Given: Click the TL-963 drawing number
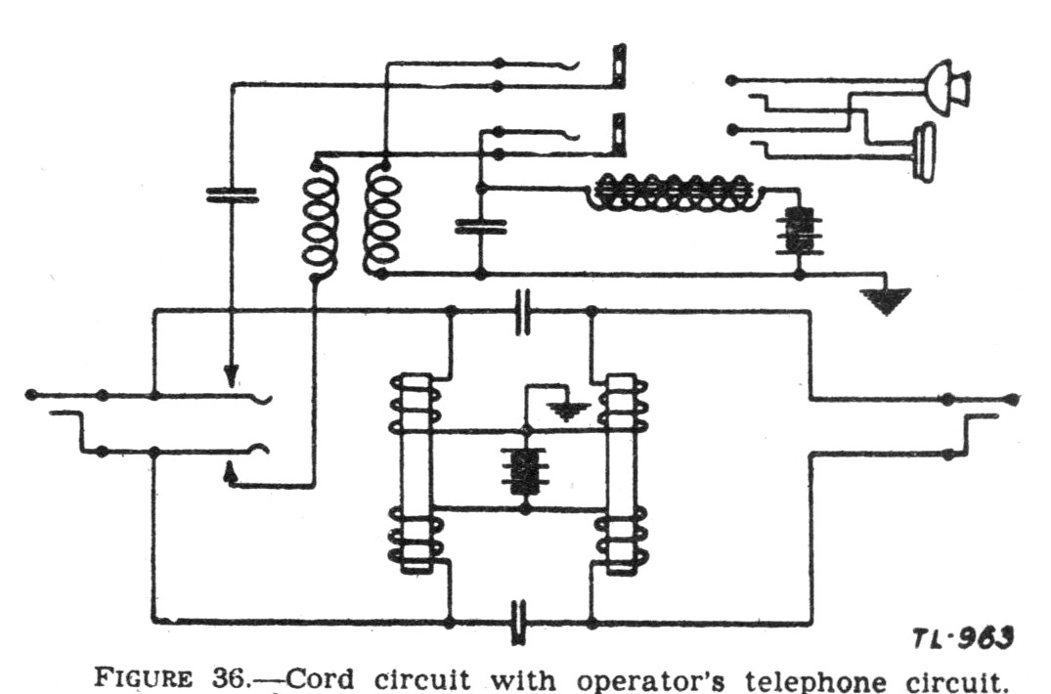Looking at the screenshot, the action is point(963,638).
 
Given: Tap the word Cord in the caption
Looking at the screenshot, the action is point(319,678).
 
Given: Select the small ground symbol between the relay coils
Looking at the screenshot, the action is point(567,410).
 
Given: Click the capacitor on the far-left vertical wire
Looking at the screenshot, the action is point(232,195).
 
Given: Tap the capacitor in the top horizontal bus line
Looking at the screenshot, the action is point(522,312).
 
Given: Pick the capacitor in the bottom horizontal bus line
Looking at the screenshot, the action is point(518,623).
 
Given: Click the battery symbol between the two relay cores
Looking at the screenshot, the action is point(525,471).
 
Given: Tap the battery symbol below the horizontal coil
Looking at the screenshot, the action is point(799,231).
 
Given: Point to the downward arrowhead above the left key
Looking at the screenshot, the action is point(231,375).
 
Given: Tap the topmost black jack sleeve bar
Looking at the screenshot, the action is point(620,65).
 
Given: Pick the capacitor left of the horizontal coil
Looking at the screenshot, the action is point(481,227).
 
